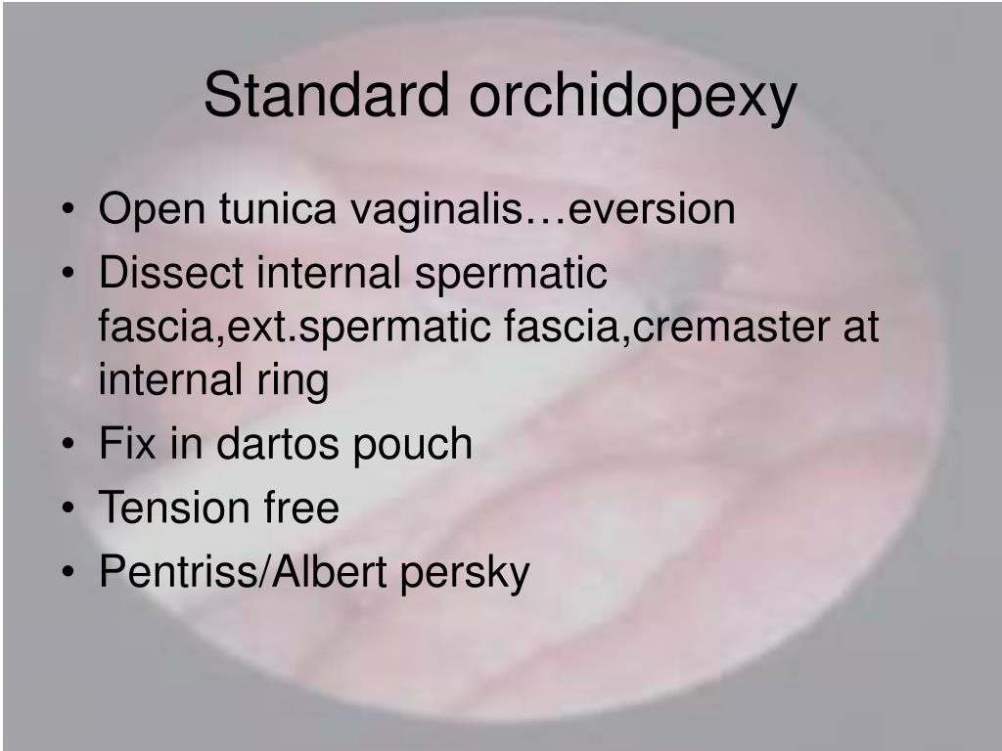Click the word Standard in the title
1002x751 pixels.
click(327, 95)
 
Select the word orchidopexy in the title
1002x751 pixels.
click(633, 99)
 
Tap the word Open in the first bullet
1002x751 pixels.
click(152, 210)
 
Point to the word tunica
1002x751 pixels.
click(277, 208)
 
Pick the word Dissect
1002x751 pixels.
click(170, 273)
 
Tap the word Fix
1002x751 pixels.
click(127, 444)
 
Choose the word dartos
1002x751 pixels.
click(277, 444)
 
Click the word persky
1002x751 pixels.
click(465, 573)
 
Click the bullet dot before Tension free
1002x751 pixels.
click(68, 508)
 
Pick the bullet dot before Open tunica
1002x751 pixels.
click(68, 209)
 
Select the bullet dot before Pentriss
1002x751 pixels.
click(68, 572)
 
